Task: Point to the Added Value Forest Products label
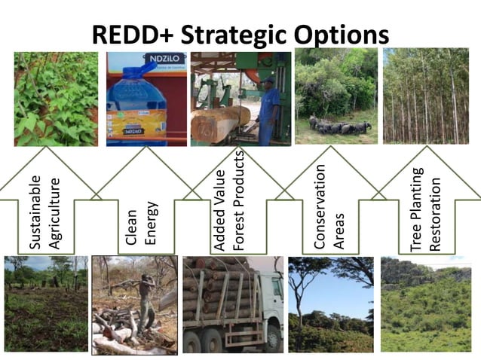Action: point(229,200)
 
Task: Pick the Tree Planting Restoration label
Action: point(425,209)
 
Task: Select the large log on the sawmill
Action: point(219,122)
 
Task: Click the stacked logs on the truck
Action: point(219,290)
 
